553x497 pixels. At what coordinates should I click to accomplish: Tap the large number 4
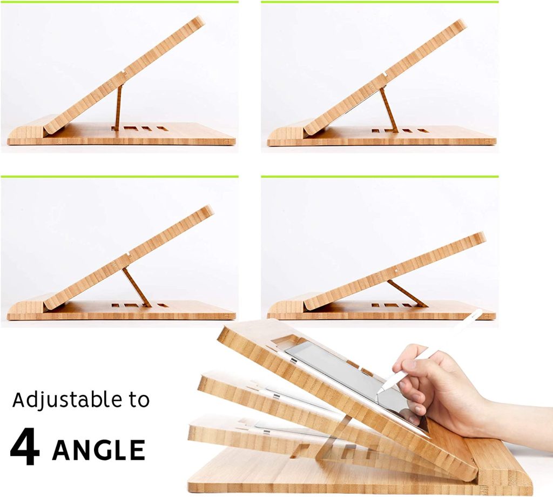pos(25,448)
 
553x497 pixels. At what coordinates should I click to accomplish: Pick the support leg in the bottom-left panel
pos(136,286)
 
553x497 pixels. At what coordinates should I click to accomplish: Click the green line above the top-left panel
pos(119,2)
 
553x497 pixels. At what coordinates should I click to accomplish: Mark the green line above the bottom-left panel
pos(119,176)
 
